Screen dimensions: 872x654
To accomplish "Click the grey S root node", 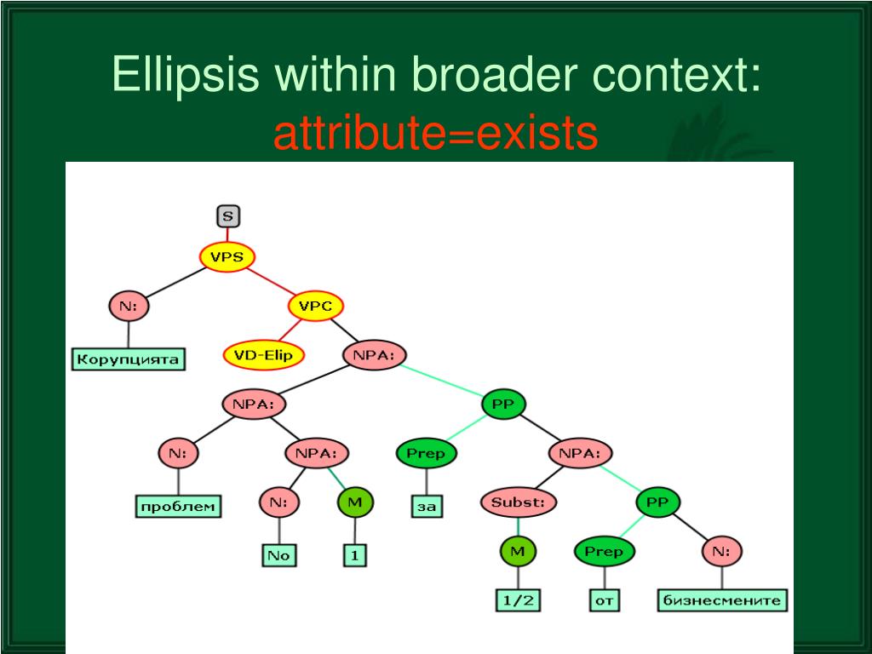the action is tap(227, 216).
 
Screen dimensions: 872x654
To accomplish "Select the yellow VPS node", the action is tap(227, 256).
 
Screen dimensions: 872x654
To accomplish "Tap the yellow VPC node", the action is tap(315, 306).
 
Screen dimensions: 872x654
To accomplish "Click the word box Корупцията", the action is tap(128, 359).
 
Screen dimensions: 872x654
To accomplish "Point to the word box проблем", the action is tap(177, 508).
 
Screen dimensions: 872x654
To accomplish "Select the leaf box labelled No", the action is tap(278, 555).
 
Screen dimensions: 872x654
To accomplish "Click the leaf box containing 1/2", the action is tap(518, 600).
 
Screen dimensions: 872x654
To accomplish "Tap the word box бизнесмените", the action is tap(722, 600).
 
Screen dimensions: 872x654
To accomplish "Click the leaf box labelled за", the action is tap(426, 508).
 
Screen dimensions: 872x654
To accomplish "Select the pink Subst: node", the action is tap(517, 502).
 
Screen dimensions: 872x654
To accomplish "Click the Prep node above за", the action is tap(425, 454).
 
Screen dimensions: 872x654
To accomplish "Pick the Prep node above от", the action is tap(603, 552).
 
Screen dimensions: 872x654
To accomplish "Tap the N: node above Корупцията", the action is tap(129, 306).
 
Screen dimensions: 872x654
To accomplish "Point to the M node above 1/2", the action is tap(517, 552).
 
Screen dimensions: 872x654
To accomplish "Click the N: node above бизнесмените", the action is tap(721, 552).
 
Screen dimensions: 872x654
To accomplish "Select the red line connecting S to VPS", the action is tap(227, 236).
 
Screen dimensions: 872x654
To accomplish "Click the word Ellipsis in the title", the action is tap(186, 76).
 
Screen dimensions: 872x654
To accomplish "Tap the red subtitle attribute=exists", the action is tap(435, 134).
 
